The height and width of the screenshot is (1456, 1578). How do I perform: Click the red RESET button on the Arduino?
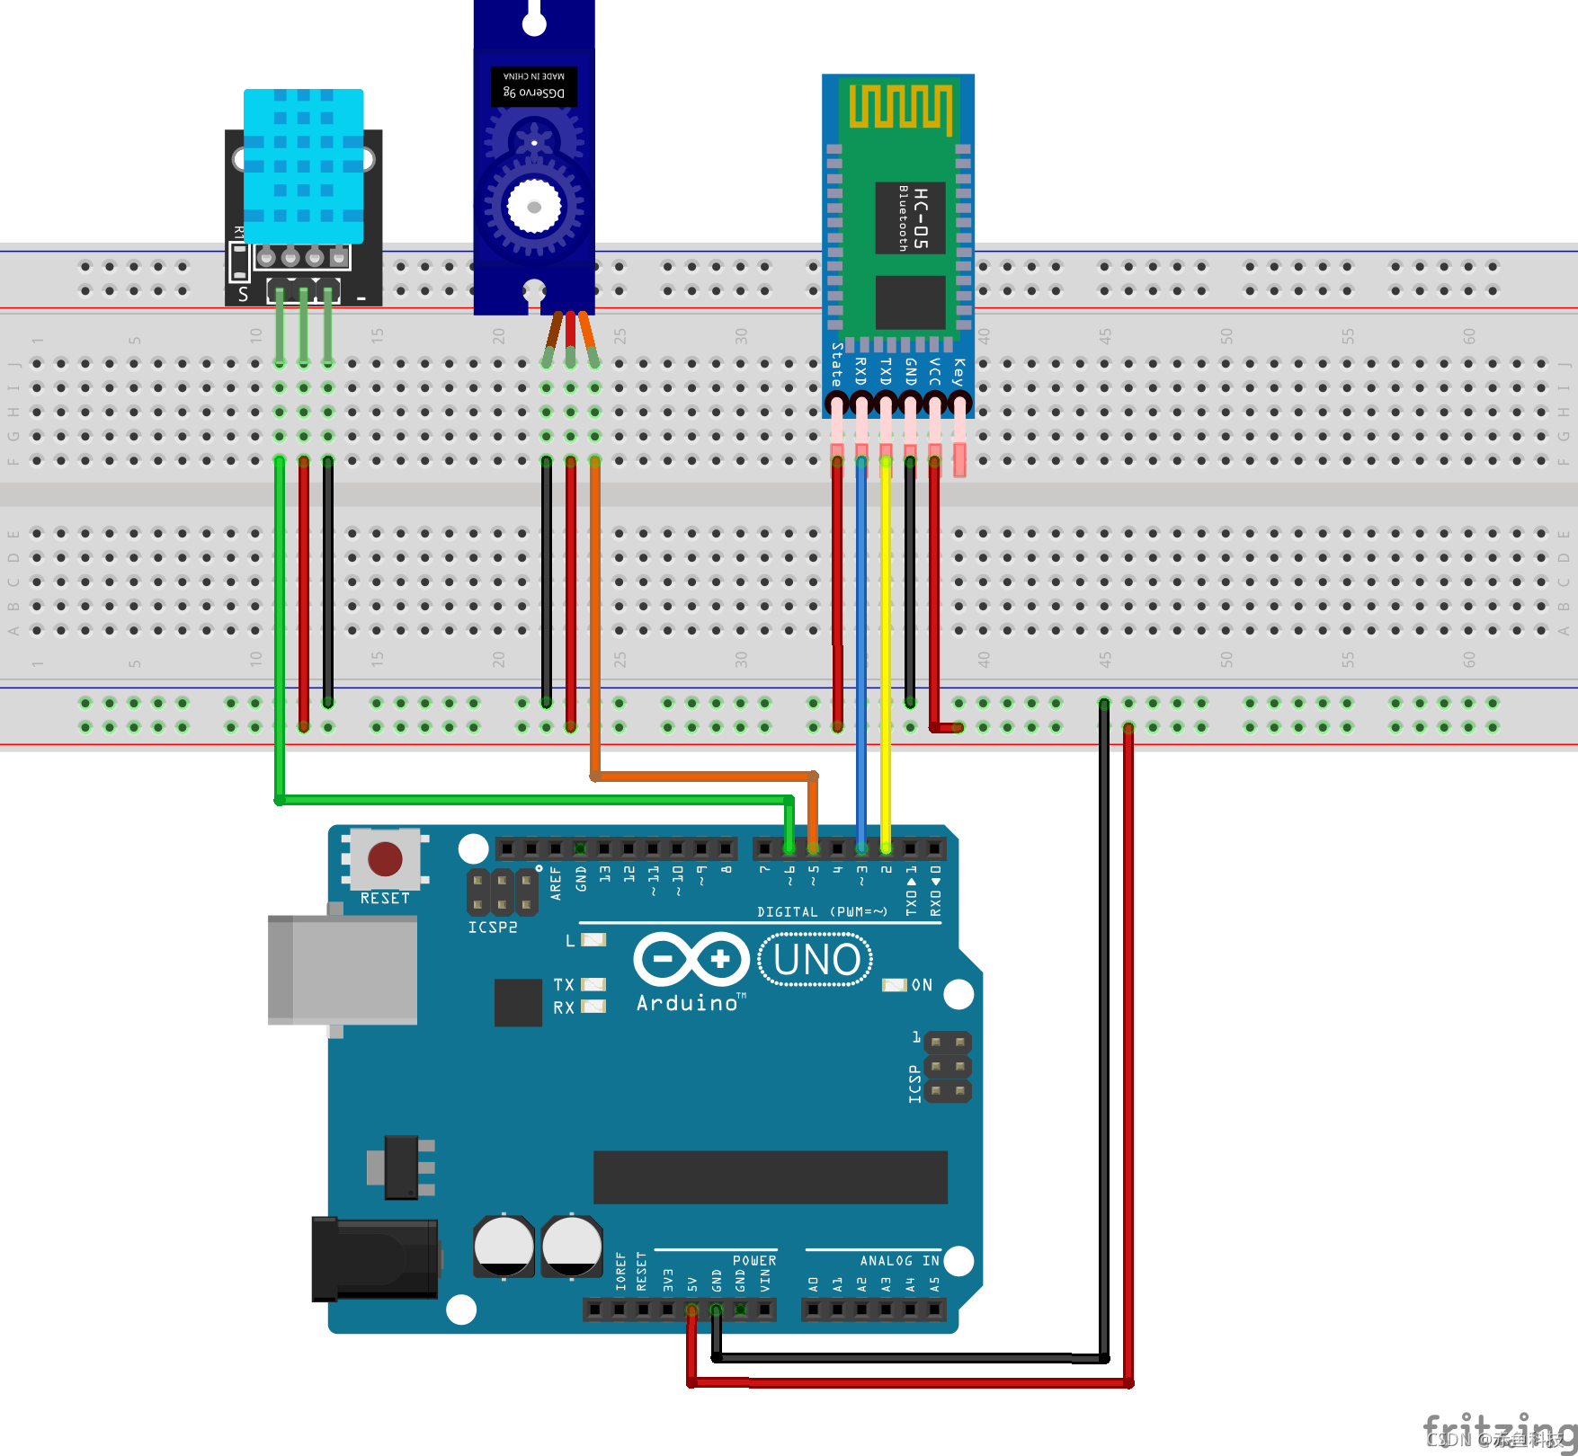[x=385, y=859]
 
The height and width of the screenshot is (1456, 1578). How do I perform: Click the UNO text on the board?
[x=816, y=960]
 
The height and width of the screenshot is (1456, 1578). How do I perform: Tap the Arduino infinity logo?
[x=691, y=959]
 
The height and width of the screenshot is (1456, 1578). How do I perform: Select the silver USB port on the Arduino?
[x=343, y=970]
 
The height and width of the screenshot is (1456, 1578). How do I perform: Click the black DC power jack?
[x=375, y=1258]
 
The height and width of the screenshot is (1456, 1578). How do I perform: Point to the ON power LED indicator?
[x=895, y=985]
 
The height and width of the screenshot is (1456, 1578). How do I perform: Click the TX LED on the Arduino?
[x=593, y=984]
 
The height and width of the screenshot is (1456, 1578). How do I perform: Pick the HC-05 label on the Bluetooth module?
[x=919, y=218]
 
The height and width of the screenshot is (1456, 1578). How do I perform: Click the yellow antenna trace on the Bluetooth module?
[x=900, y=107]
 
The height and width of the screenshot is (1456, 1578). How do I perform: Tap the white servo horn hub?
[x=534, y=207]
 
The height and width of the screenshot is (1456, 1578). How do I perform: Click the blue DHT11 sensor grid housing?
[x=304, y=166]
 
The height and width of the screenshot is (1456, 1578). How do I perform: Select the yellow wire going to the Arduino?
[x=886, y=647]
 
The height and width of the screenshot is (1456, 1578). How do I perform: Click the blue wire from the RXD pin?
[x=861, y=647]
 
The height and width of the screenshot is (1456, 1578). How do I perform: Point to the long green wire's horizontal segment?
[x=530, y=799]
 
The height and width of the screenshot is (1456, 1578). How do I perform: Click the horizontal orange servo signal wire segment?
[x=701, y=776]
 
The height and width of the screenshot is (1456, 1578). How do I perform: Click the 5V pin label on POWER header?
[x=692, y=1283]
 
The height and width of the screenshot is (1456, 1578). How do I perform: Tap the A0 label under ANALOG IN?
[x=813, y=1283]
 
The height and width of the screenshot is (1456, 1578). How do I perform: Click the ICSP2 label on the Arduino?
[x=492, y=928]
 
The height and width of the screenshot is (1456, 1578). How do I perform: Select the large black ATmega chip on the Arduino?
[x=770, y=1176]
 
